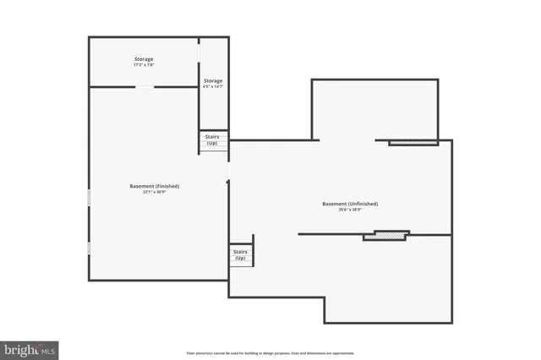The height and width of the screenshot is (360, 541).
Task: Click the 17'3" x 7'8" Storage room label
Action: (143, 62)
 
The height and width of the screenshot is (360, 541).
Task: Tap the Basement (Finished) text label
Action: (154, 186)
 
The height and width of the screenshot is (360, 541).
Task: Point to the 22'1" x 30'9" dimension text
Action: (154, 192)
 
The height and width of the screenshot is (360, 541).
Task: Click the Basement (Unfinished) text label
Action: (350, 204)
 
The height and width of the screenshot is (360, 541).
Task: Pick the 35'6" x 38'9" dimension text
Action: (350, 210)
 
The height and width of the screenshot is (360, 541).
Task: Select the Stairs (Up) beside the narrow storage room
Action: (212, 140)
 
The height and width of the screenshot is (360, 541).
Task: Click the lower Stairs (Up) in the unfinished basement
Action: (240, 254)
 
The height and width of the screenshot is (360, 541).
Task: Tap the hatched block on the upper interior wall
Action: (413, 143)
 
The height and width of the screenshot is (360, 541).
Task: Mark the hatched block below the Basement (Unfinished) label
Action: (386, 236)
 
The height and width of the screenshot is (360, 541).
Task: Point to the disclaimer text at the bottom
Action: (270, 353)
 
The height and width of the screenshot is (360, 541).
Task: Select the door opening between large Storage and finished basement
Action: (146, 86)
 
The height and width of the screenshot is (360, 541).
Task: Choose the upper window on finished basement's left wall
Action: (88, 196)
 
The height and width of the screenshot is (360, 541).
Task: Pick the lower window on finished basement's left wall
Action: (88, 248)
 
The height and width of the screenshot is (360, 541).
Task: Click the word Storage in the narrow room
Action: (212, 81)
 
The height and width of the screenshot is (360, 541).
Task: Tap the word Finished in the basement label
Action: (166, 186)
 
